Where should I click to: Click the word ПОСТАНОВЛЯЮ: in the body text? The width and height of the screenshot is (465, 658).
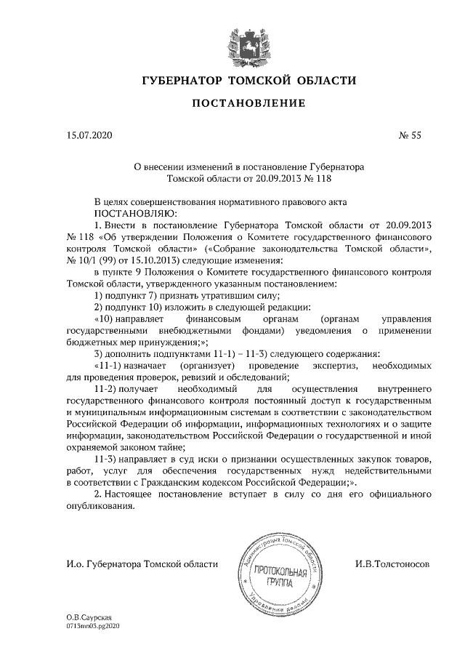135,214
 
